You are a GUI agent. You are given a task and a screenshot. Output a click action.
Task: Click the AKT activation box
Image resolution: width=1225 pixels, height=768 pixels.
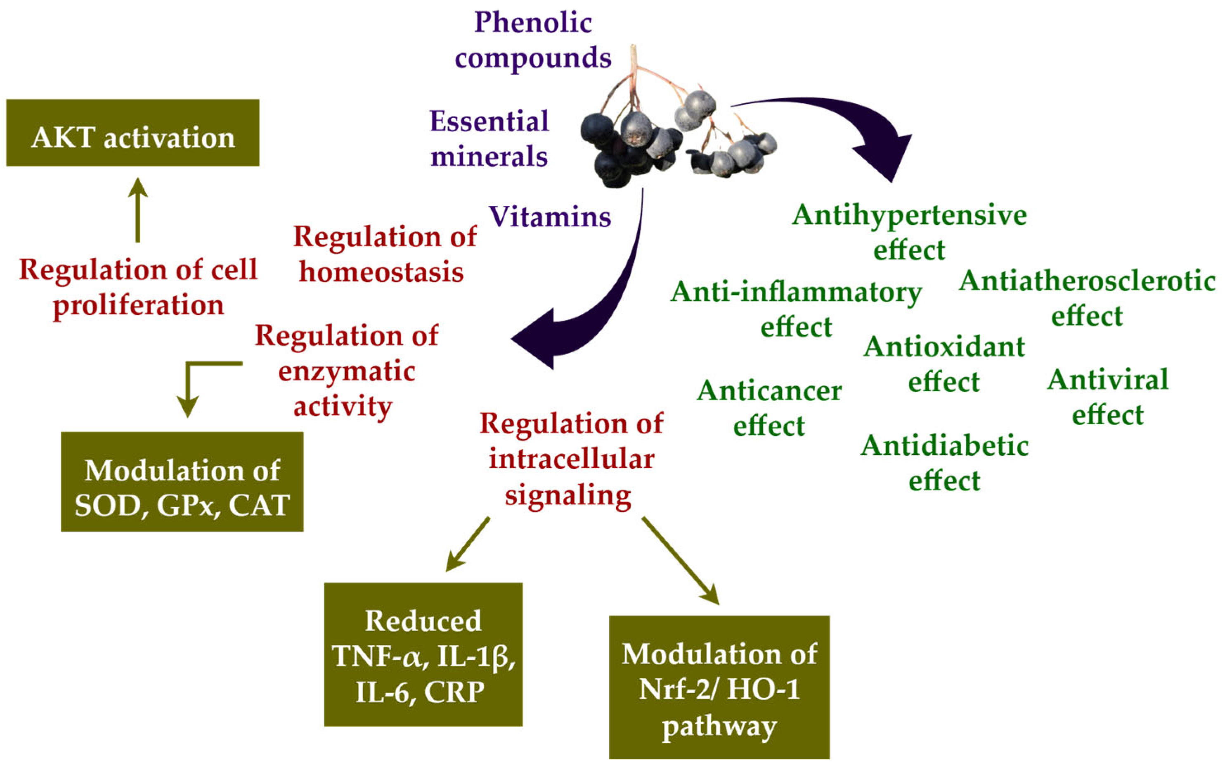[x=132, y=133]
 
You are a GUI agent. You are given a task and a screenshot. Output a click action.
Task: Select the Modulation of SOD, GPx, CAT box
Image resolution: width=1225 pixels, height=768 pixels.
[x=182, y=482]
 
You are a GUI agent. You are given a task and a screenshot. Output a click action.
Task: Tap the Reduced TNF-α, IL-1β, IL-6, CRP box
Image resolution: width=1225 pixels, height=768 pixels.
[x=423, y=654]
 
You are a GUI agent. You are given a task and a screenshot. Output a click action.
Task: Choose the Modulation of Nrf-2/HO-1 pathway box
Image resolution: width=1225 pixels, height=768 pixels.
[x=719, y=688]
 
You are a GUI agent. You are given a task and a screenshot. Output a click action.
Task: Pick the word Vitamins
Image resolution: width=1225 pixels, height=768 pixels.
[x=550, y=217]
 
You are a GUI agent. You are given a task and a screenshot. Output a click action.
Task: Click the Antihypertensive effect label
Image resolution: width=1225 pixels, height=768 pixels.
[x=909, y=232]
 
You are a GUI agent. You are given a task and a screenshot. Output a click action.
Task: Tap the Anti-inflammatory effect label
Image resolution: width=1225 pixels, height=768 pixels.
[x=796, y=309]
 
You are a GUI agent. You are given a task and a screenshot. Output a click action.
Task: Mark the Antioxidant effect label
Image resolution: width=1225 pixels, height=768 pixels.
[x=944, y=364]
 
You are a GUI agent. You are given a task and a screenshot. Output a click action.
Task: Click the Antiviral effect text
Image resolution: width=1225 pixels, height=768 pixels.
[x=1108, y=397]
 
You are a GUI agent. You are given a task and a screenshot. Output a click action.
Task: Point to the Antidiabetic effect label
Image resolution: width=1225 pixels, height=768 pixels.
[x=944, y=463]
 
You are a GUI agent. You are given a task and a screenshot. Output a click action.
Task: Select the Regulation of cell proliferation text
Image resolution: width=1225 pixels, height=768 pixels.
[x=138, y=287]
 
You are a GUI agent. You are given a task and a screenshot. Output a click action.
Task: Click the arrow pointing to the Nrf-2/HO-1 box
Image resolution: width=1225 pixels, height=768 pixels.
[x=680, y=560]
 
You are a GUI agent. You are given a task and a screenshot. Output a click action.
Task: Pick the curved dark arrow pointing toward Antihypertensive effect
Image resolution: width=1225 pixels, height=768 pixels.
[x=837, y=122]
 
